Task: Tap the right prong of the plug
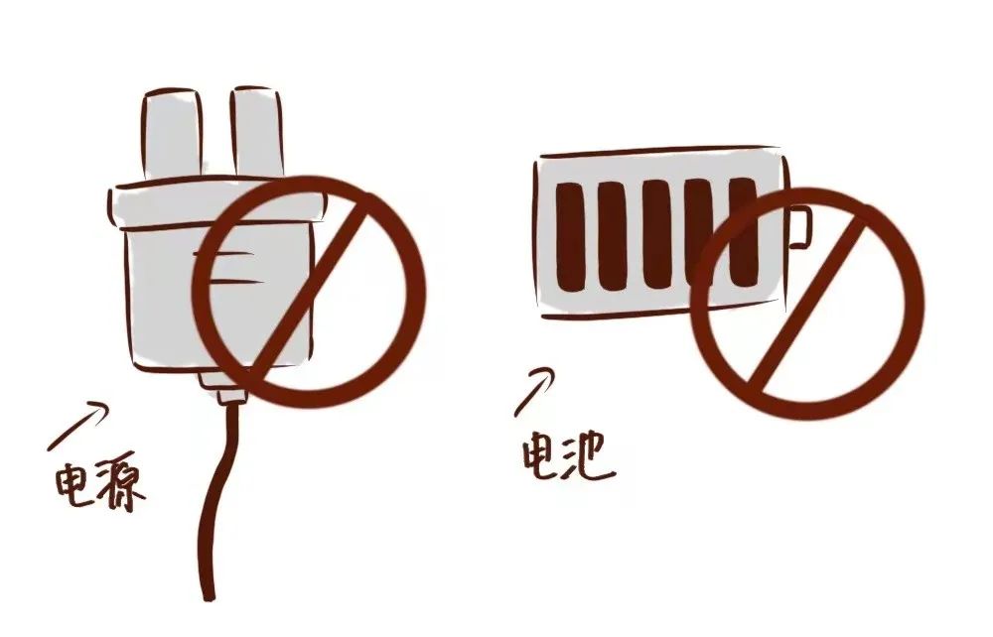coord(256,132)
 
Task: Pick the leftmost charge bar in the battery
coord(568,235)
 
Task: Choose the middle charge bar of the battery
coord(655,234)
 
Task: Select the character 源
coord(120,487)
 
